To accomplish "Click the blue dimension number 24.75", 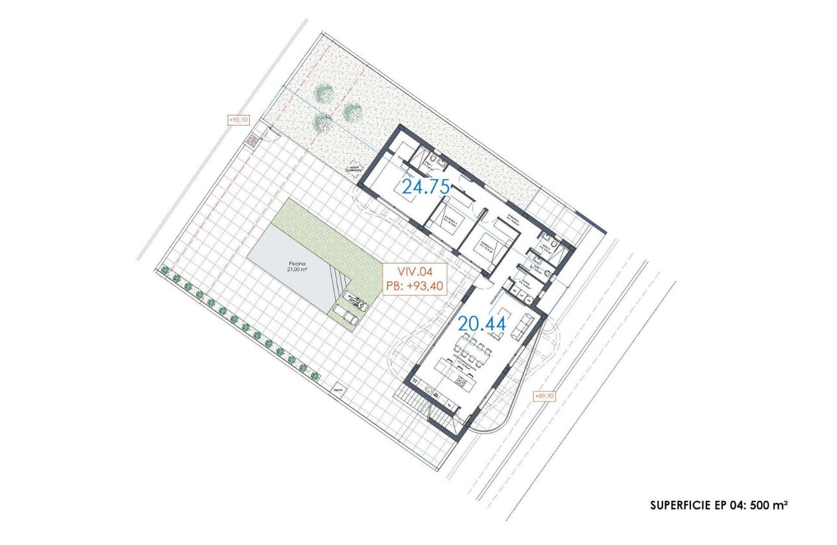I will click(x=426, y=187).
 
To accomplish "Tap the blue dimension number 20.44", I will click(x=482, y=322).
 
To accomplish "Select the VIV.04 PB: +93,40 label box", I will click(x=415, y=279).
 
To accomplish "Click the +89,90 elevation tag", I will click(x=543, y=396).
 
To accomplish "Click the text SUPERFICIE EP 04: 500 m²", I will click(x=719, y=504).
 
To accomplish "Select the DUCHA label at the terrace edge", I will click(x=337, y=391).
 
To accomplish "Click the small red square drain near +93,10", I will click(x=250, y=141).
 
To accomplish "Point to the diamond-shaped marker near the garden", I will click(x=353, y=167).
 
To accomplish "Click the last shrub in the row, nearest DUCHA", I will click(x=313, y=375).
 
